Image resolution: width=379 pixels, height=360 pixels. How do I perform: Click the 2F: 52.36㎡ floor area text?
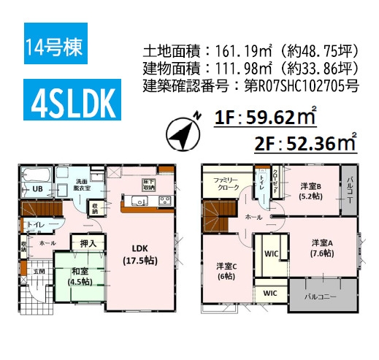tap(306, 143)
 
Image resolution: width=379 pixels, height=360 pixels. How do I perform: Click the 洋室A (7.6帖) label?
tap(322, 248)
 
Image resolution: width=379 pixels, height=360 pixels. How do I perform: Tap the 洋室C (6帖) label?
tap(225, 271)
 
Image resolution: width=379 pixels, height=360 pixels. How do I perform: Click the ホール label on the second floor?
tap(253, 217)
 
